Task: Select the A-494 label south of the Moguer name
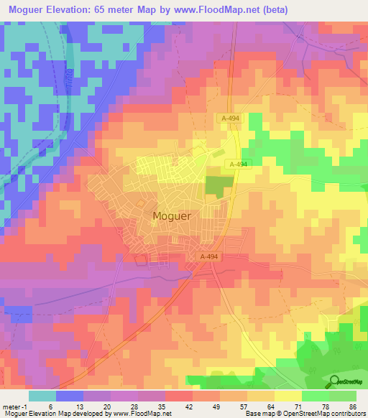208,256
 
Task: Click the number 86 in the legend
351,406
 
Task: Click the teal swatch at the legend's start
42,396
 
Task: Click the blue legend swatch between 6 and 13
69,396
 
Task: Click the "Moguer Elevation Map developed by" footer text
56,414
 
